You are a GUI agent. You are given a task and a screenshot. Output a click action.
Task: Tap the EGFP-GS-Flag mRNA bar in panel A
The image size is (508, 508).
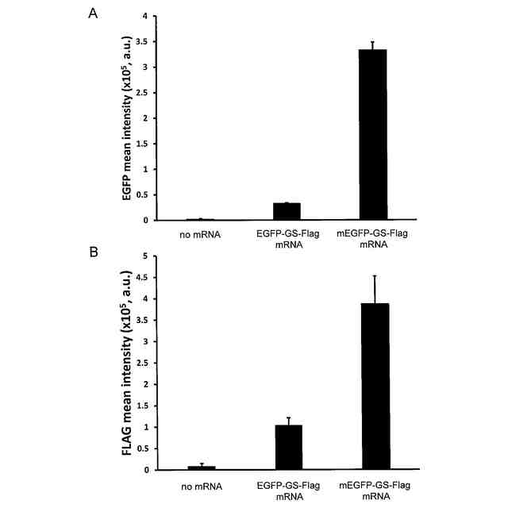286,211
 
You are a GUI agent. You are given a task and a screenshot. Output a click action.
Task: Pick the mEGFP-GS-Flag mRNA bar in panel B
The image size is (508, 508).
375,387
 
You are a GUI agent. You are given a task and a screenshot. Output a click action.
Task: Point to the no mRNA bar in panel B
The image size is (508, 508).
201,468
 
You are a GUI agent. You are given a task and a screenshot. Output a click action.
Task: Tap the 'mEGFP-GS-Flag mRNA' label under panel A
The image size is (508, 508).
373,240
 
